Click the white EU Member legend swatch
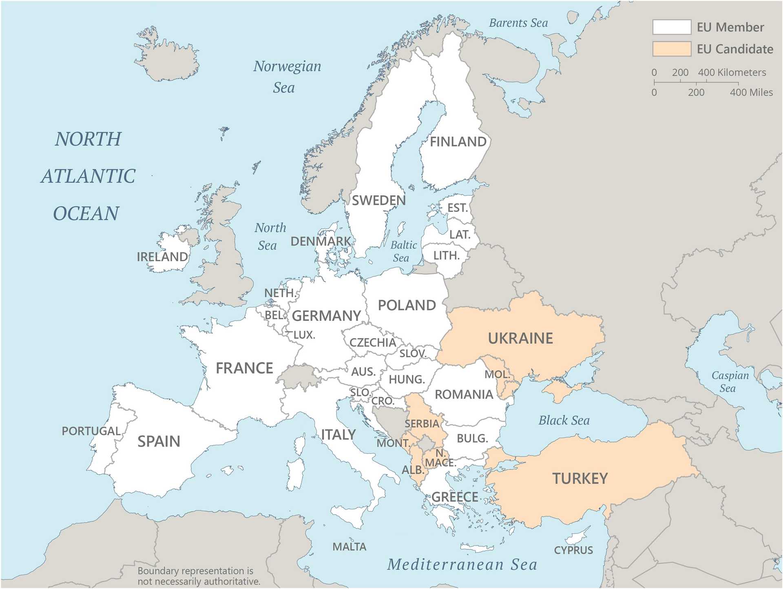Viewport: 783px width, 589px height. point(671,27)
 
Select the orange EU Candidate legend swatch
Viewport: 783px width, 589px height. point(671,49)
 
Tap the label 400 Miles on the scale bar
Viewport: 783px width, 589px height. point(751,93)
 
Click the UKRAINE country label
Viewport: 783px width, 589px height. point(520,338)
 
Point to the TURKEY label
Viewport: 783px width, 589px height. point(580,478)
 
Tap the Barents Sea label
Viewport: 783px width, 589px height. point(518,23)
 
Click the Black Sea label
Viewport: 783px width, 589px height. point(564,420)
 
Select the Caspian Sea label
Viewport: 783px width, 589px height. point(730,382)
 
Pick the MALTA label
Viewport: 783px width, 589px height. point(349,547)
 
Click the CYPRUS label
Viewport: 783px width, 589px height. point(573,550)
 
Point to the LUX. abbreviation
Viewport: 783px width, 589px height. point(304,335)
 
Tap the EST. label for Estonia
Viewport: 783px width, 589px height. point(457,208)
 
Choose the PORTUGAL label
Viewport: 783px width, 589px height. point(91,431)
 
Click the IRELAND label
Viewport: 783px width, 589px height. point(162,257)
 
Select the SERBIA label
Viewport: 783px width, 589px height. point(422,424)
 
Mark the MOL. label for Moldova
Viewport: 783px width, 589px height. point(496,374)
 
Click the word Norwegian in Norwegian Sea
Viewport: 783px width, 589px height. point(287,67)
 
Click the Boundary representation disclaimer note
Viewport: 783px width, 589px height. point(199,576)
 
